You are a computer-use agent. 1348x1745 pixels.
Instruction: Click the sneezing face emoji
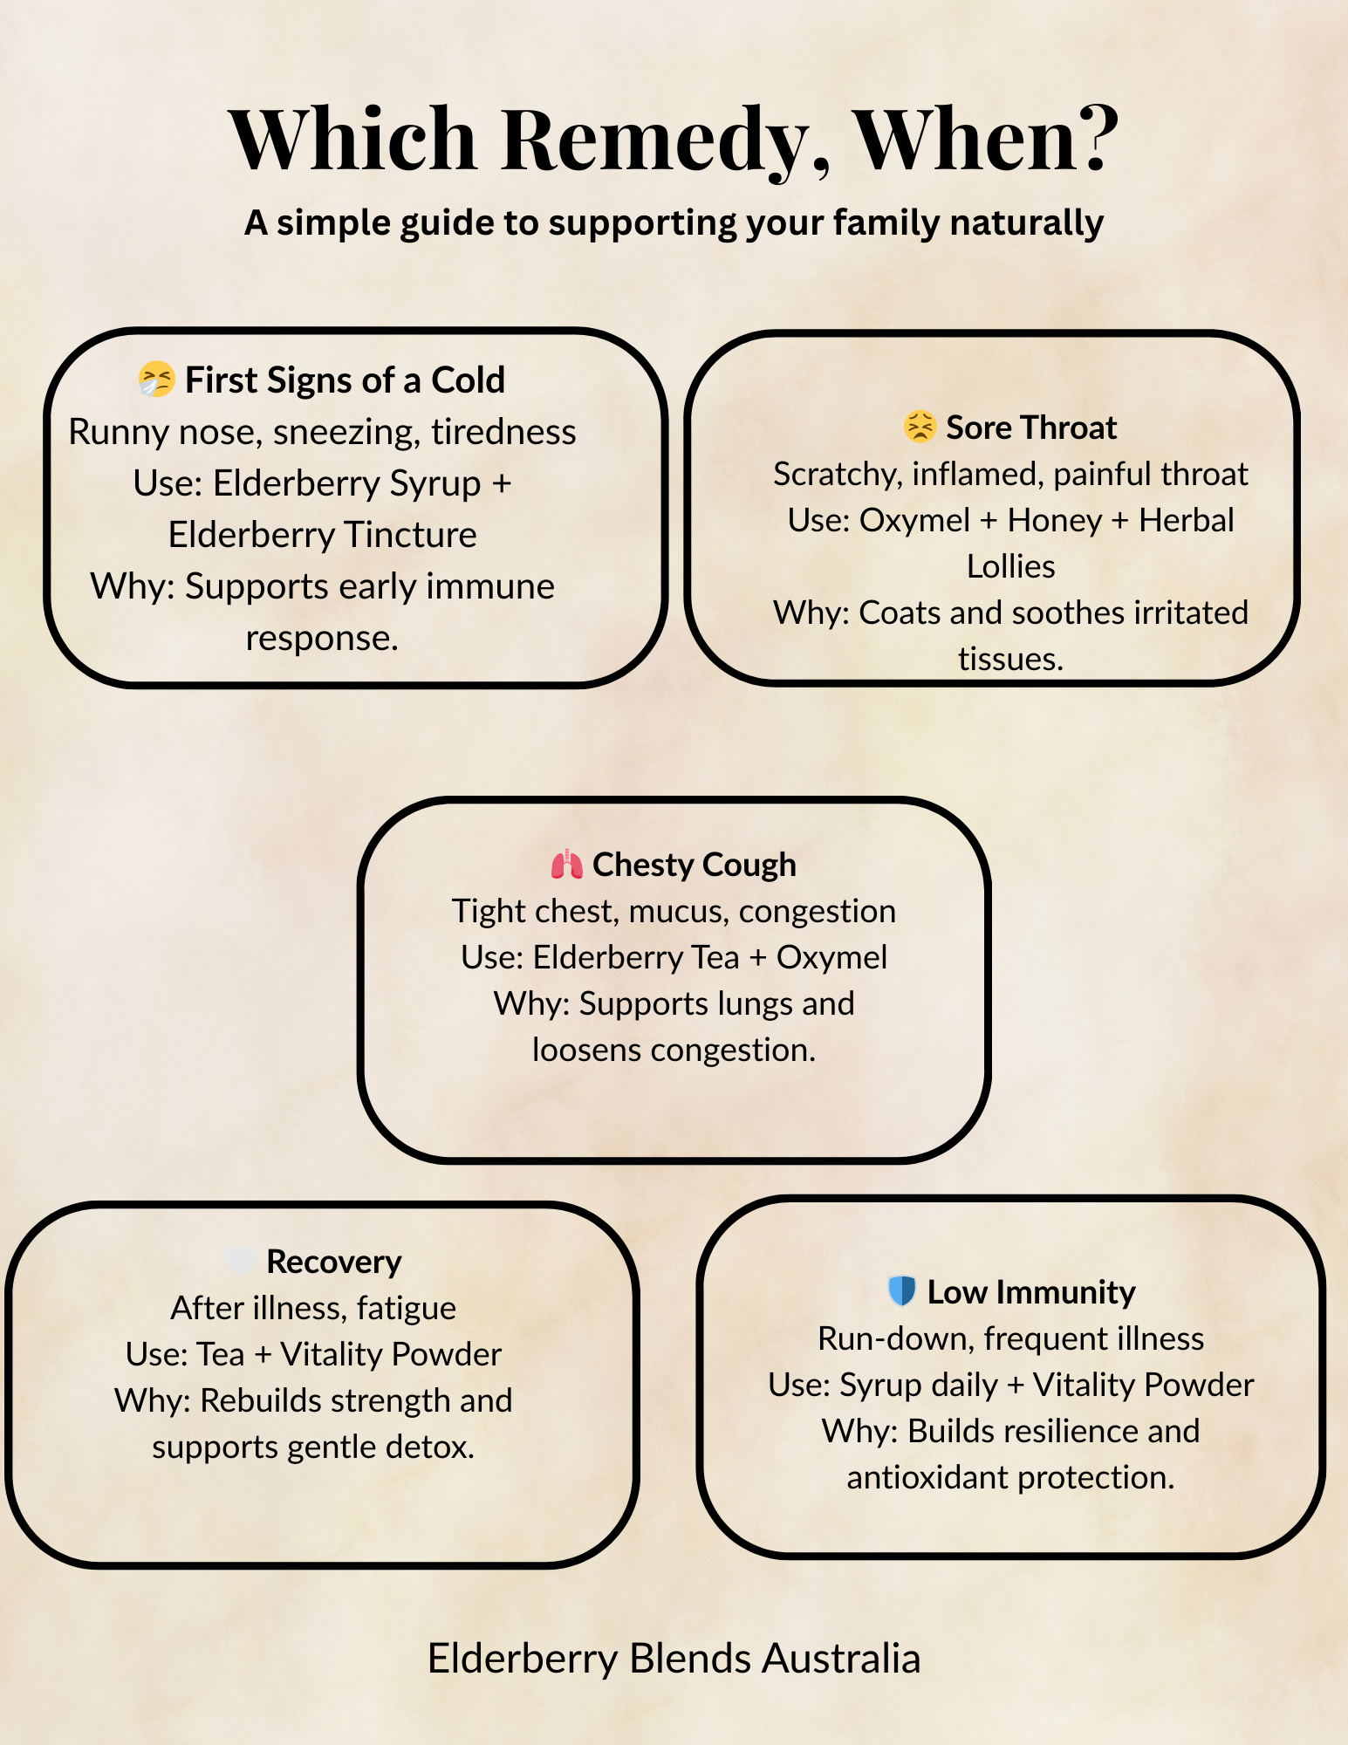coord(157,380)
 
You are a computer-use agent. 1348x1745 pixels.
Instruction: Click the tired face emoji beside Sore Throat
coord(920,427)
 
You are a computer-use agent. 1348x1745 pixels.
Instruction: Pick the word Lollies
coord(1011,567)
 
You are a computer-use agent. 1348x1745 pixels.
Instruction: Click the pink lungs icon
coord(567,864)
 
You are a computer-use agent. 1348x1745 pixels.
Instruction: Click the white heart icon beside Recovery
coord(240,1261)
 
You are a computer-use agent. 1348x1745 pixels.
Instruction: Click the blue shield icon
coord(901,1291)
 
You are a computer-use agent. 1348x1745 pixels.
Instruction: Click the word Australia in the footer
coord(841,1659)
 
